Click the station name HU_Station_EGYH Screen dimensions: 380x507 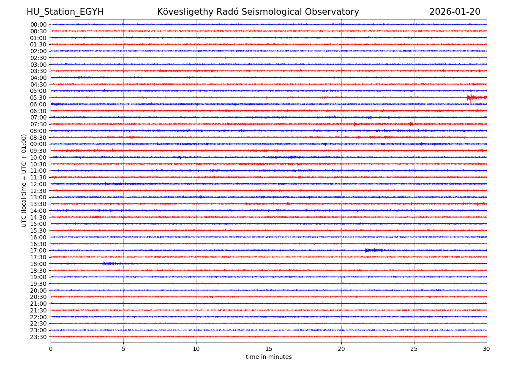point(65,12)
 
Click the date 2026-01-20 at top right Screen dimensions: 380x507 point(455,12)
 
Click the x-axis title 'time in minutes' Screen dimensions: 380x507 point(269,357)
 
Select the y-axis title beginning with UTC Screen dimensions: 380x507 point(24,180)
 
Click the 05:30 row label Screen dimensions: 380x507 point(38,98)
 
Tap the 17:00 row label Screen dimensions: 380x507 point(38,250)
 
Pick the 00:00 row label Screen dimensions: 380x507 point(38,24)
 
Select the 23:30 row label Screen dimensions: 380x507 point(38,337)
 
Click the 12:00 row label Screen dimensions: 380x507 point(38,184)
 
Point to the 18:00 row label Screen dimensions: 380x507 point(38,264)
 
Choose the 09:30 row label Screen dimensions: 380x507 point(38,151)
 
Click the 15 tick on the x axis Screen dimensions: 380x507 point(269,349)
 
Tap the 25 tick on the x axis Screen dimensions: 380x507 point(414,349)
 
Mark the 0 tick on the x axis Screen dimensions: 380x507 point(51,349)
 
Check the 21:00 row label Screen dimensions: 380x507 point(38,304)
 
